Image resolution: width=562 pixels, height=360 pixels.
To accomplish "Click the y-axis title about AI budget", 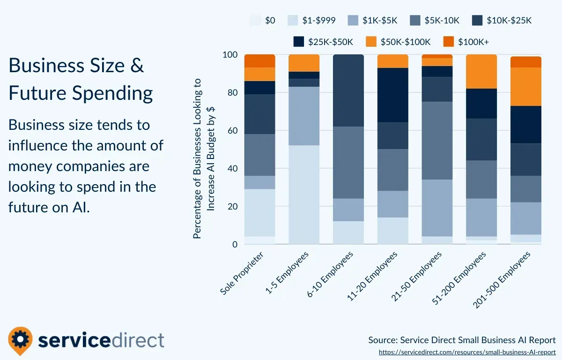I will pos(204,158).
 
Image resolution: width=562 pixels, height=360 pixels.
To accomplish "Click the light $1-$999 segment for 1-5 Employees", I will pos(304,195).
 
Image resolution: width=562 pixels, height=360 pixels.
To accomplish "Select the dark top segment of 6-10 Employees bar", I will pos(348,90).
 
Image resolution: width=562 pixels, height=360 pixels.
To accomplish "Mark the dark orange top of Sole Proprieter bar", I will pos(259,61).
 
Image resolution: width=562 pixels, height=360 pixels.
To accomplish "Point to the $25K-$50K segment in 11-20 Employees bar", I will pos(392,95).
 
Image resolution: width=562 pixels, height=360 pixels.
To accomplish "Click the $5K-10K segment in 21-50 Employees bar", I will pos(437,141).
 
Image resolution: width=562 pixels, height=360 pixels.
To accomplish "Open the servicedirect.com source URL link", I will pos(467,352).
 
